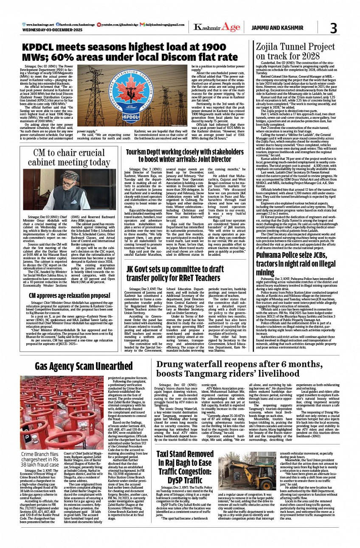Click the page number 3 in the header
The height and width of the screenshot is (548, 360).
[333, 28]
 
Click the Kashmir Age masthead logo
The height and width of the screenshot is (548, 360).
[211, 28]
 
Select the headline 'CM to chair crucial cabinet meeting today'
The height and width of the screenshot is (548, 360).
[67, 158]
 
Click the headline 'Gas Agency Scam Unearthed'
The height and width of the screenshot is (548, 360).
[84, 366]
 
